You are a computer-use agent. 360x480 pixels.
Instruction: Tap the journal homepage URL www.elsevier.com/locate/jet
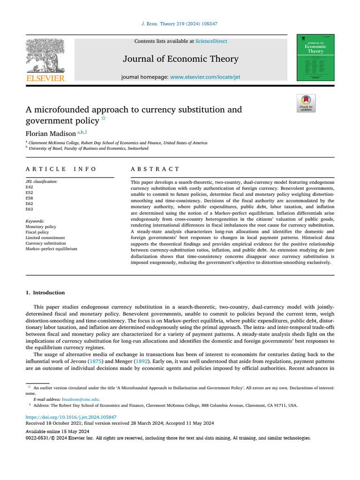[205, 77]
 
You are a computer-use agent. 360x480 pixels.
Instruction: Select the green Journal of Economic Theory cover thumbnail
[315, 57]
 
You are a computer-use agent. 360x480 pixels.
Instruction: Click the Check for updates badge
[306, 103]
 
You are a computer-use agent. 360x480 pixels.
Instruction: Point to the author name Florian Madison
[50, 133]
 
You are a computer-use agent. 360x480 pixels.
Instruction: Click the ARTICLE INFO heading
[61, 169]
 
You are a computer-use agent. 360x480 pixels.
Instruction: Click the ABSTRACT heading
[155, 169]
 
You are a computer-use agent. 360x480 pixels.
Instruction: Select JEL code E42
[30, 187]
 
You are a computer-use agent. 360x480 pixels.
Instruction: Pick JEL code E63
[30, 210]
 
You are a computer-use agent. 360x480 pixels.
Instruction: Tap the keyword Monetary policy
[41, 226]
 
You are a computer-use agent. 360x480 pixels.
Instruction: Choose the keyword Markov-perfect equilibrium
[51, 249]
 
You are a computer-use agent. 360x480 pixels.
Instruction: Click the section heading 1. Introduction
[45, 293]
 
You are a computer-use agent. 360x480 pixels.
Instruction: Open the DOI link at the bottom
[71, 417]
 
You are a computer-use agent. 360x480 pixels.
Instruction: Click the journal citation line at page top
[180, 23]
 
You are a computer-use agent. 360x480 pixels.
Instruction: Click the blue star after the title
[104, 118]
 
